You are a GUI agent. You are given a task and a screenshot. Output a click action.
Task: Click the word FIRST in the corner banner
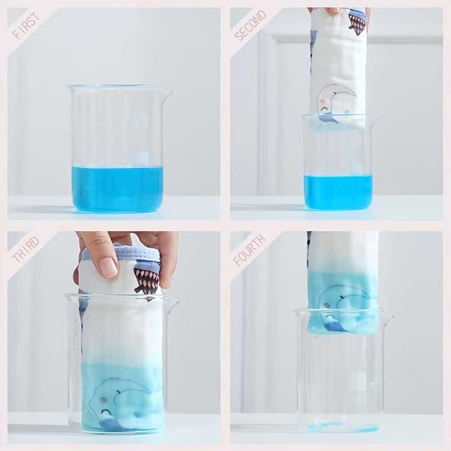(x=26, y=25)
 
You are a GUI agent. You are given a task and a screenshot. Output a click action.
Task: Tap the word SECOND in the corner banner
(x=250, y=25)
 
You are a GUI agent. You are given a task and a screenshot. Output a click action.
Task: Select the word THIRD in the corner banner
(x=25, y=249)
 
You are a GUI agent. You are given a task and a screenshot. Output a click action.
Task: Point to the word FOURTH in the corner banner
(x=249, y=250)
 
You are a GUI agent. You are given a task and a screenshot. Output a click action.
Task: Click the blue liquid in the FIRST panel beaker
(x=117, y=188)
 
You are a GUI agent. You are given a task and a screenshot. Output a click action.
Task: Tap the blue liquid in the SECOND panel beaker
(x=338, y=192)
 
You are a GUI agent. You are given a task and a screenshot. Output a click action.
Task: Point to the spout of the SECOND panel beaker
(x=374, y=120)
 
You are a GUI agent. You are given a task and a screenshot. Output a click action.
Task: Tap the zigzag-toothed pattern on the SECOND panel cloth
(x=357, y=24)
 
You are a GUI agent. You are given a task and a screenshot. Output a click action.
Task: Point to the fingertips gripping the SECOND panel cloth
(x=334, y=11)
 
